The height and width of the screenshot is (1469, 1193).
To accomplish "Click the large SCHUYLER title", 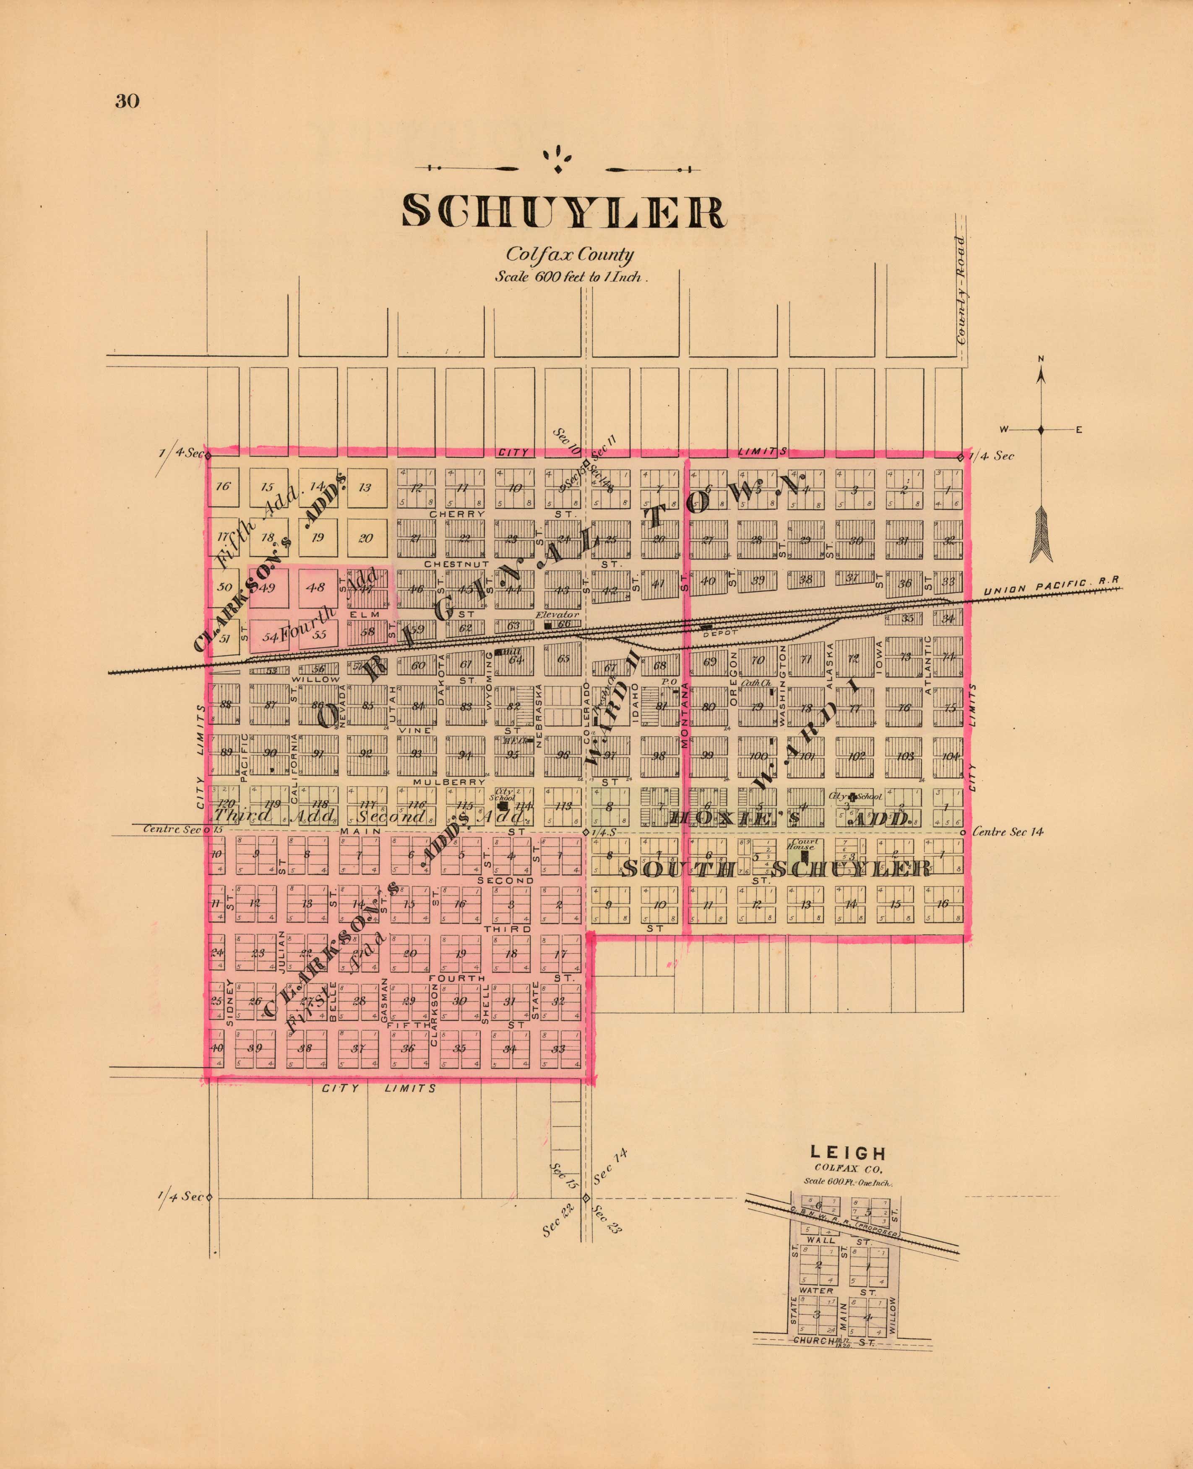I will point(563,211).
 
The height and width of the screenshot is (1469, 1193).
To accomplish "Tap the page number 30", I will point(127,102).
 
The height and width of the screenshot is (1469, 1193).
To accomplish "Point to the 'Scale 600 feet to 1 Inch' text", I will point(571,277).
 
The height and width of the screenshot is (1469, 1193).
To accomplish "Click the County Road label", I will point(961,290).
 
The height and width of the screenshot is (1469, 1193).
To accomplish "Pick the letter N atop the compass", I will point(1040,358).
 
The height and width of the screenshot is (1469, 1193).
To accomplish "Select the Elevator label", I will point(557,614).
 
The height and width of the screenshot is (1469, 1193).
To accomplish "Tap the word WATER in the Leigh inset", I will point(816,1290).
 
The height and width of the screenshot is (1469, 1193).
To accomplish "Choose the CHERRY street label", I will point(457,513).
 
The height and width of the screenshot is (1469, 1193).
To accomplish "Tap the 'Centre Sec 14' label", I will point(1008,832).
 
